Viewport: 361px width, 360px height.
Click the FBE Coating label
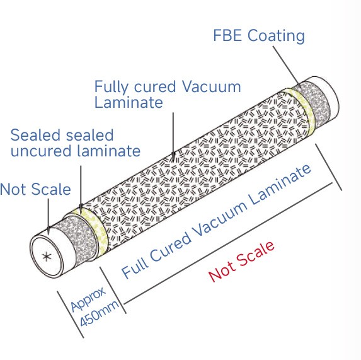[259, 36]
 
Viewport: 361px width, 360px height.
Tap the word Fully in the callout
[112, 87]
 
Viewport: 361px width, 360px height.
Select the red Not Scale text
[241, 262]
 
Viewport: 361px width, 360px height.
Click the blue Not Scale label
[35, 189]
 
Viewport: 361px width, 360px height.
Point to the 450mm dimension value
[100, 313]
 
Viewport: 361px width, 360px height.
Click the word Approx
[88, 299]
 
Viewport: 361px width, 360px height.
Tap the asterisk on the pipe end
[47, 257]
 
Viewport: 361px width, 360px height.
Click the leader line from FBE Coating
[287, 66]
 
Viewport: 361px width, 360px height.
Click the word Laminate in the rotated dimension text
[280, 184]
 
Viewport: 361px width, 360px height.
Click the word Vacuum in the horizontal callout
[211, 87]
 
